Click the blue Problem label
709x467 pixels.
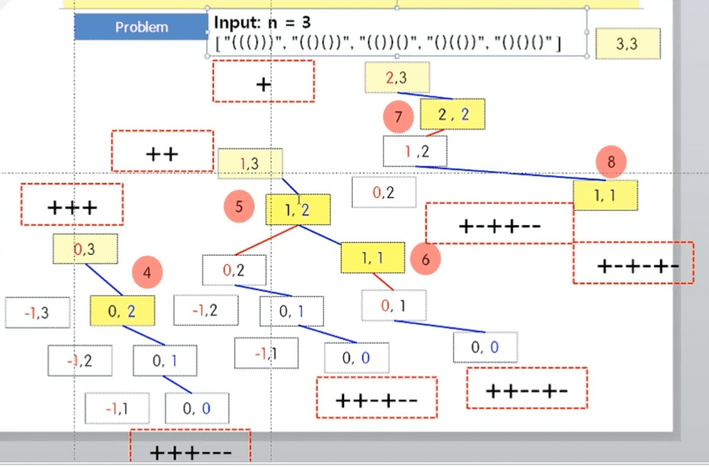tap(141, 27)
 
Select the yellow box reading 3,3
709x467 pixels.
tap(627, 44)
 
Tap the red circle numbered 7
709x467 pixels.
tap(399, 117)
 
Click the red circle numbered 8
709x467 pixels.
tap(611, 162)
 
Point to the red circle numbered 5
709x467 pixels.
tap(239, 206)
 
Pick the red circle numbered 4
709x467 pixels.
tap(148, 273)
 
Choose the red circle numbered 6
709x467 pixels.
tap(425, 259)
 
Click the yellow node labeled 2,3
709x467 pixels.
tap(397, 78)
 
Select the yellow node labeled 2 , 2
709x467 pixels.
tap(453, 114)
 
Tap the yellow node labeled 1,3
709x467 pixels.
tap(250, 164)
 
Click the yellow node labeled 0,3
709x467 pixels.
tap(84, 250)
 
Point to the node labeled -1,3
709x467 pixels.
tap(37, 313)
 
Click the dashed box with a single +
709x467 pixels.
tap(263, 81)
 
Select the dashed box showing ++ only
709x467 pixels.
tap(162, 152)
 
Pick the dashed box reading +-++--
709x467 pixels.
tap(499, 223)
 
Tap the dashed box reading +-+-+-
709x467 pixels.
tap(633, 263)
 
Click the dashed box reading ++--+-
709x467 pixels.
tap(527, 388)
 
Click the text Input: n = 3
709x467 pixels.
tap(262, 22)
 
